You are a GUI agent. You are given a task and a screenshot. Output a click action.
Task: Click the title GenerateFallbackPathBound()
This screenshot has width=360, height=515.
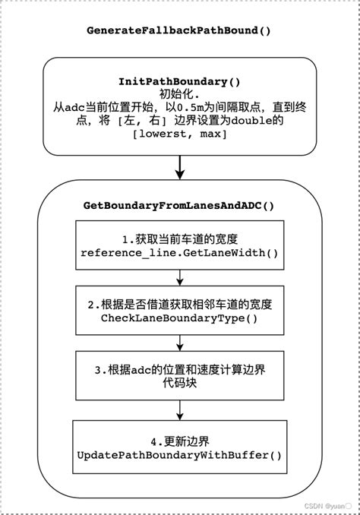[x=180, y=31]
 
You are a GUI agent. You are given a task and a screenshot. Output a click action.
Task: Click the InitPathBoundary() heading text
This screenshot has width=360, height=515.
[x=180, y=81]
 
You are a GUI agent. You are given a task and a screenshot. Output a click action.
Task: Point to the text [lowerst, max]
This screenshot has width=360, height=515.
[x=180, y=134]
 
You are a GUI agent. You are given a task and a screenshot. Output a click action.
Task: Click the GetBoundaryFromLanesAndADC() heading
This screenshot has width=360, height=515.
[x=180, y=206]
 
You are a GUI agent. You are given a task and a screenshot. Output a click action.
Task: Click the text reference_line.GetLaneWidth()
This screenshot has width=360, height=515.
[x=179, y=252]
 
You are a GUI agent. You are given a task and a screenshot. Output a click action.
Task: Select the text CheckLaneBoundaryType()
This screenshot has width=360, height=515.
[x=179, y=318]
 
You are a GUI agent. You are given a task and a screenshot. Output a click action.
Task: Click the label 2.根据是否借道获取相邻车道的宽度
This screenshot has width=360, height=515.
[x=179, y=305]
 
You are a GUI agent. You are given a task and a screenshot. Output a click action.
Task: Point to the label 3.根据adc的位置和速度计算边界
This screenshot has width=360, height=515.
[x=179, y=371]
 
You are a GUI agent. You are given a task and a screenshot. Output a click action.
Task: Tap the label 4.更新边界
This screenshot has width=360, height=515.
[x=179, y=441]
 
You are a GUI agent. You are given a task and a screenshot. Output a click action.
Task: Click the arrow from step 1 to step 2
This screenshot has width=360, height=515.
[x=179, y=277]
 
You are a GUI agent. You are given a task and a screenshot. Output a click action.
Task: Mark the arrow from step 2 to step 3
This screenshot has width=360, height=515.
[x=179, y=343]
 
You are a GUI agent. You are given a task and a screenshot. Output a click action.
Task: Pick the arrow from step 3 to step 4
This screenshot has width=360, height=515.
[x=179, y=409]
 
